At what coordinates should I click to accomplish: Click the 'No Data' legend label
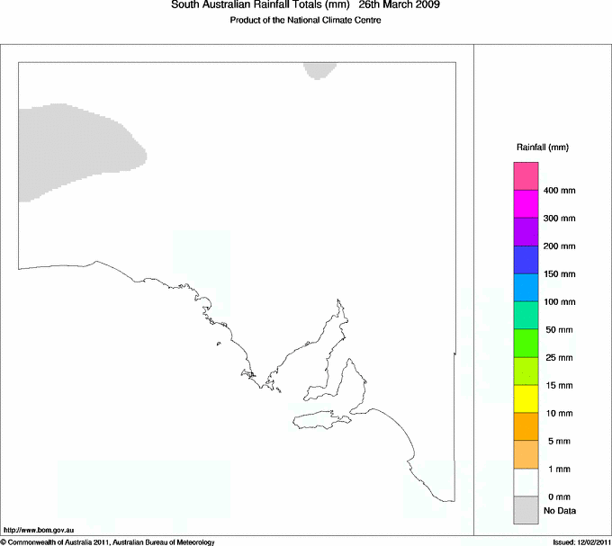[559, 511]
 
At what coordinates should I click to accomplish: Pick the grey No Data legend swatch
[526, 510]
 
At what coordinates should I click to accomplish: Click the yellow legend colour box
[526, 398]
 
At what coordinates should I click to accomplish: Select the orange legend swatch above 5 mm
[526, 426]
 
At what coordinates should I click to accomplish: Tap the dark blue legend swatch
[526, 259]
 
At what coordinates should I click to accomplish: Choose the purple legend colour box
[526, 231]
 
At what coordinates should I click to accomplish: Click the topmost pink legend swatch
[526, 175]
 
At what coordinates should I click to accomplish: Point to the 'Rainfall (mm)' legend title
[542, 147]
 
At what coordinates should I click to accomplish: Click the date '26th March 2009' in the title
[400, 5]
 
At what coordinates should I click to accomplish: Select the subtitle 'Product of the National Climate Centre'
[306, 21]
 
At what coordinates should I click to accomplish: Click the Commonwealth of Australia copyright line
[108, 542]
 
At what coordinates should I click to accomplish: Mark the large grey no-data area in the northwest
[76, 148]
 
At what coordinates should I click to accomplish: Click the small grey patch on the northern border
[321, 70]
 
